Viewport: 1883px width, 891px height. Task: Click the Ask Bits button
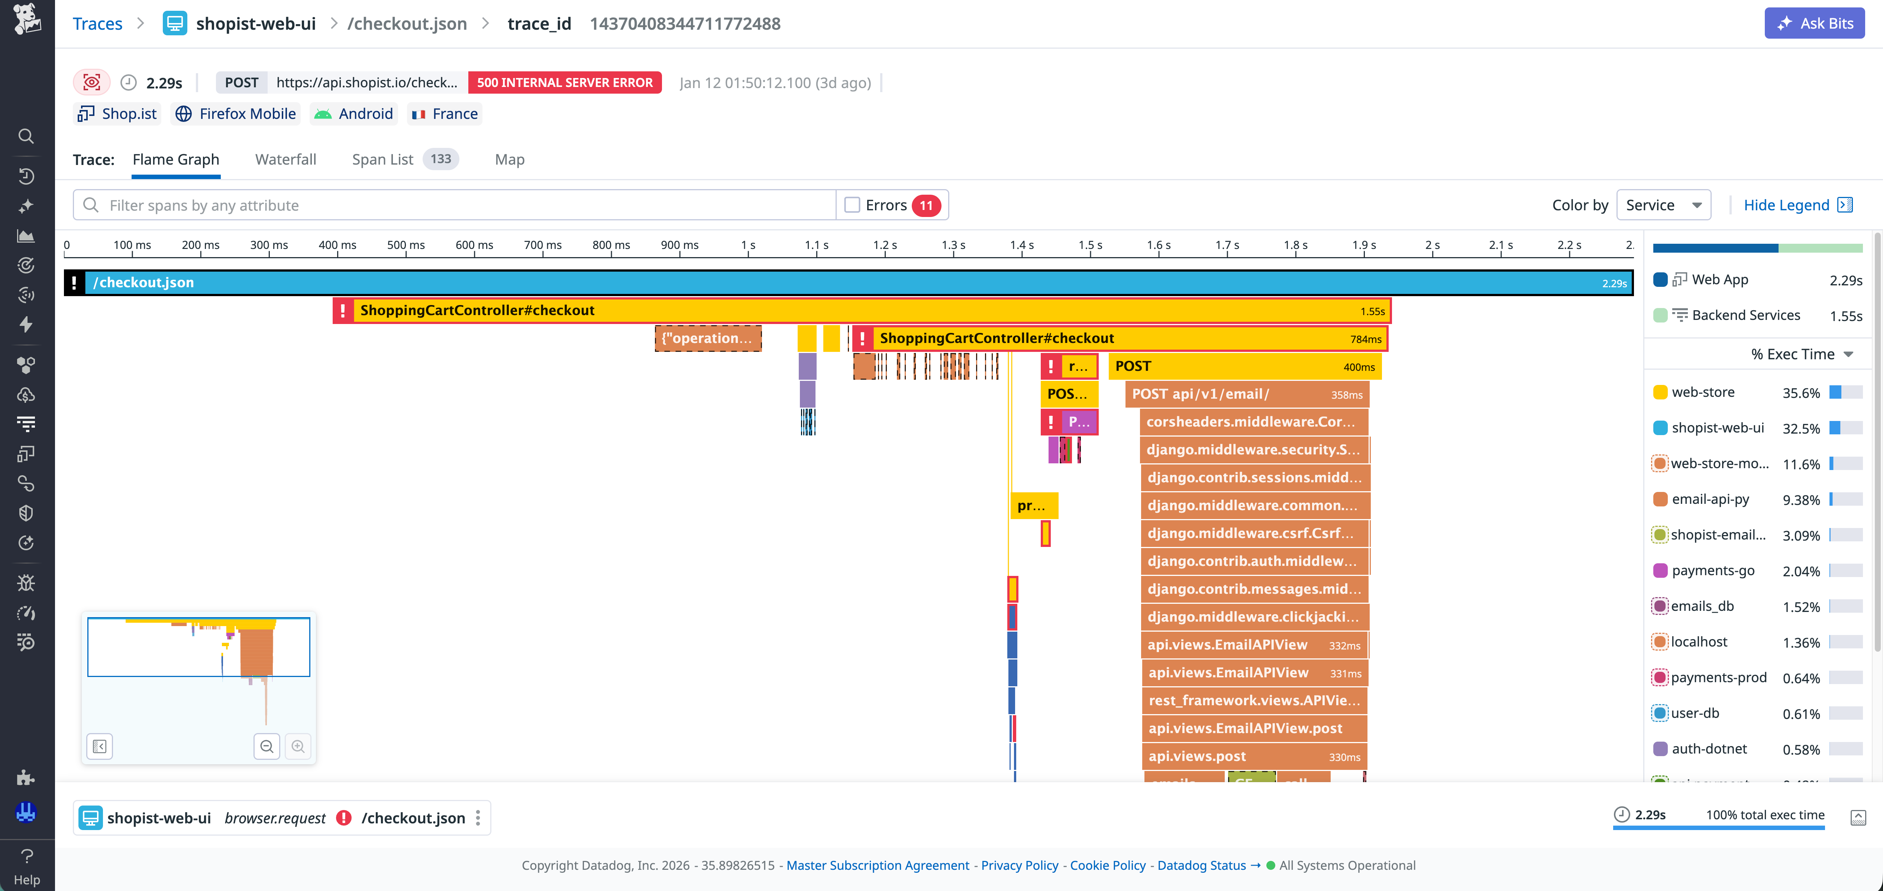[1814, 23]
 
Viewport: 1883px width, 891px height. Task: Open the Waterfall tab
[285, 159]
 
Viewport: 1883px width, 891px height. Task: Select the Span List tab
[382, 159]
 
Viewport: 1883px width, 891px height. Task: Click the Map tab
[510, 159]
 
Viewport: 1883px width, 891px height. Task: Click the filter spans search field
[453, 205]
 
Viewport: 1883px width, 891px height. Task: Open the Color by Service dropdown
[1663, 205]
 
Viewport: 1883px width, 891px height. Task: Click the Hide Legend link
[1786, 205]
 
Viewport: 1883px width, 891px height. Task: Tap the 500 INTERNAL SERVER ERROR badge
[564, 82]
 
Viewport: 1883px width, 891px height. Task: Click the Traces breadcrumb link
[97, 23]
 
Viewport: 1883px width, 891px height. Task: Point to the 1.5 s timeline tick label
[1090, 245]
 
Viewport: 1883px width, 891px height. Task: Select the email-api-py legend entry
[1710, 499]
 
